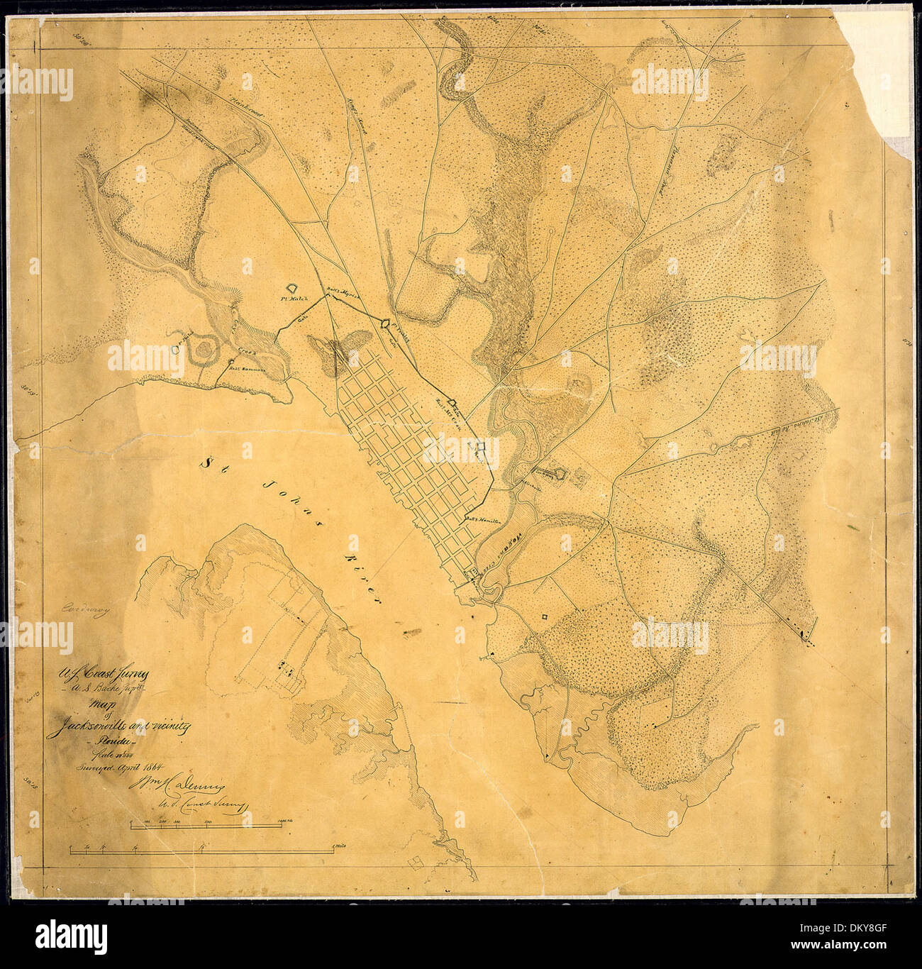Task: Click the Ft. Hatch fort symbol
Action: (x=291, y=287)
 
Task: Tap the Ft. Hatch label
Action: (x=291, y=300)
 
